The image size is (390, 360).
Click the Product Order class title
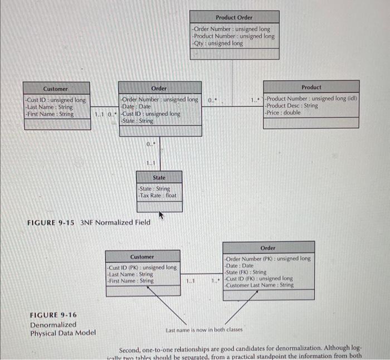pos(233,17)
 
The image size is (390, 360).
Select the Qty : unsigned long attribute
pos(217,43)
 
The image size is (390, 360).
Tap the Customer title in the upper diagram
pos(56,89)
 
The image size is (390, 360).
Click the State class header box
pos(159,177)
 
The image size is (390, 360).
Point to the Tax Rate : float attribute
pos(158,196)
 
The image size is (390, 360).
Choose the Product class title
pos(311,87)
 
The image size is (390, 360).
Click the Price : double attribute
pos(283,113)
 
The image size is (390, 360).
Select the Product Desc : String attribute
pos(292,105)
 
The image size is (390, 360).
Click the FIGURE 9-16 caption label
pos(53,315)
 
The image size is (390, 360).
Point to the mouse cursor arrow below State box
pos(161,214)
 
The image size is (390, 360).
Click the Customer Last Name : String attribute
pos(259,285)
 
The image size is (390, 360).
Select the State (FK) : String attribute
pos(246,272)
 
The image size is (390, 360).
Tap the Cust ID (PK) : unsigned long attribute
pos(142,267)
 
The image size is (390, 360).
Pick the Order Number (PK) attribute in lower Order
pos(267,259)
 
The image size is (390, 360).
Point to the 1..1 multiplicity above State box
pos(150,163)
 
